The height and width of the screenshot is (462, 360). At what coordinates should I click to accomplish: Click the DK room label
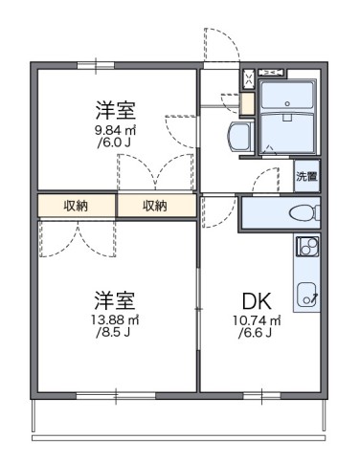[253, 298]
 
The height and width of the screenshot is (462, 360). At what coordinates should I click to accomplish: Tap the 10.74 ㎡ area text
[254, 319]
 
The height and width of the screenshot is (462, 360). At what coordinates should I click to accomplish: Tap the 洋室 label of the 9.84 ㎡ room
[113, 108]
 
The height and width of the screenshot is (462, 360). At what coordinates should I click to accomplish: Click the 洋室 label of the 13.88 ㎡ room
[113, 297]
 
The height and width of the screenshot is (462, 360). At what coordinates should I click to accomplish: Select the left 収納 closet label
[78, 206]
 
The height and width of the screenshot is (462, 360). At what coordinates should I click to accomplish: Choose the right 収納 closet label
[155, 206]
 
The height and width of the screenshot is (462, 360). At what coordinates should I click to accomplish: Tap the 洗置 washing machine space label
[306, 176]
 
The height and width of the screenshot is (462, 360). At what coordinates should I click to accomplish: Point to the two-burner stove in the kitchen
[307, 248]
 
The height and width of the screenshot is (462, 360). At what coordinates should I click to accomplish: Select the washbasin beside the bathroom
[239, 136]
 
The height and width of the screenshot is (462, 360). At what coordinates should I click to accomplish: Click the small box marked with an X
[249, 77]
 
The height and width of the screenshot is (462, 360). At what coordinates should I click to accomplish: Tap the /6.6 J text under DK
[254, 333]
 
